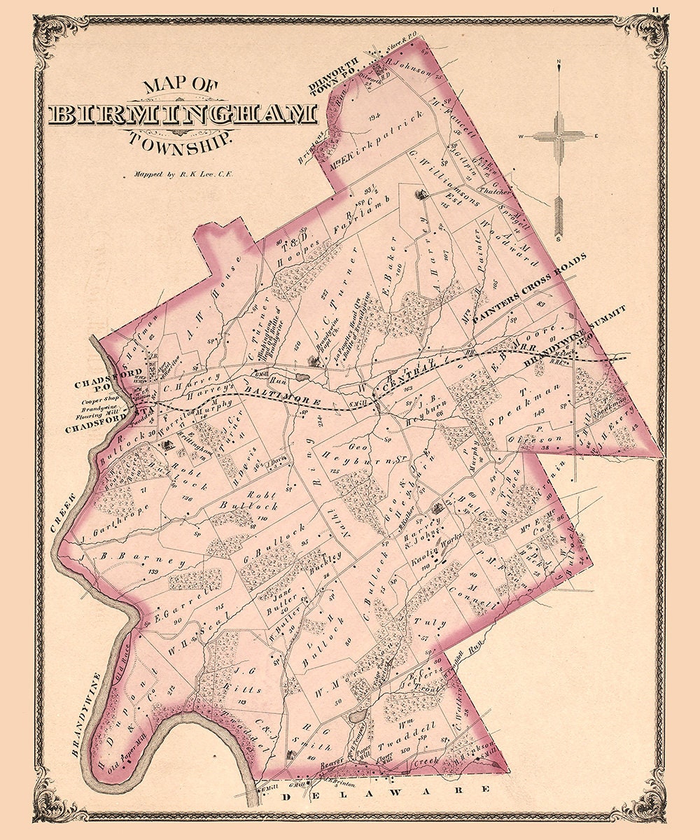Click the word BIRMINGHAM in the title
182,114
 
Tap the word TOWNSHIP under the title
180,137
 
